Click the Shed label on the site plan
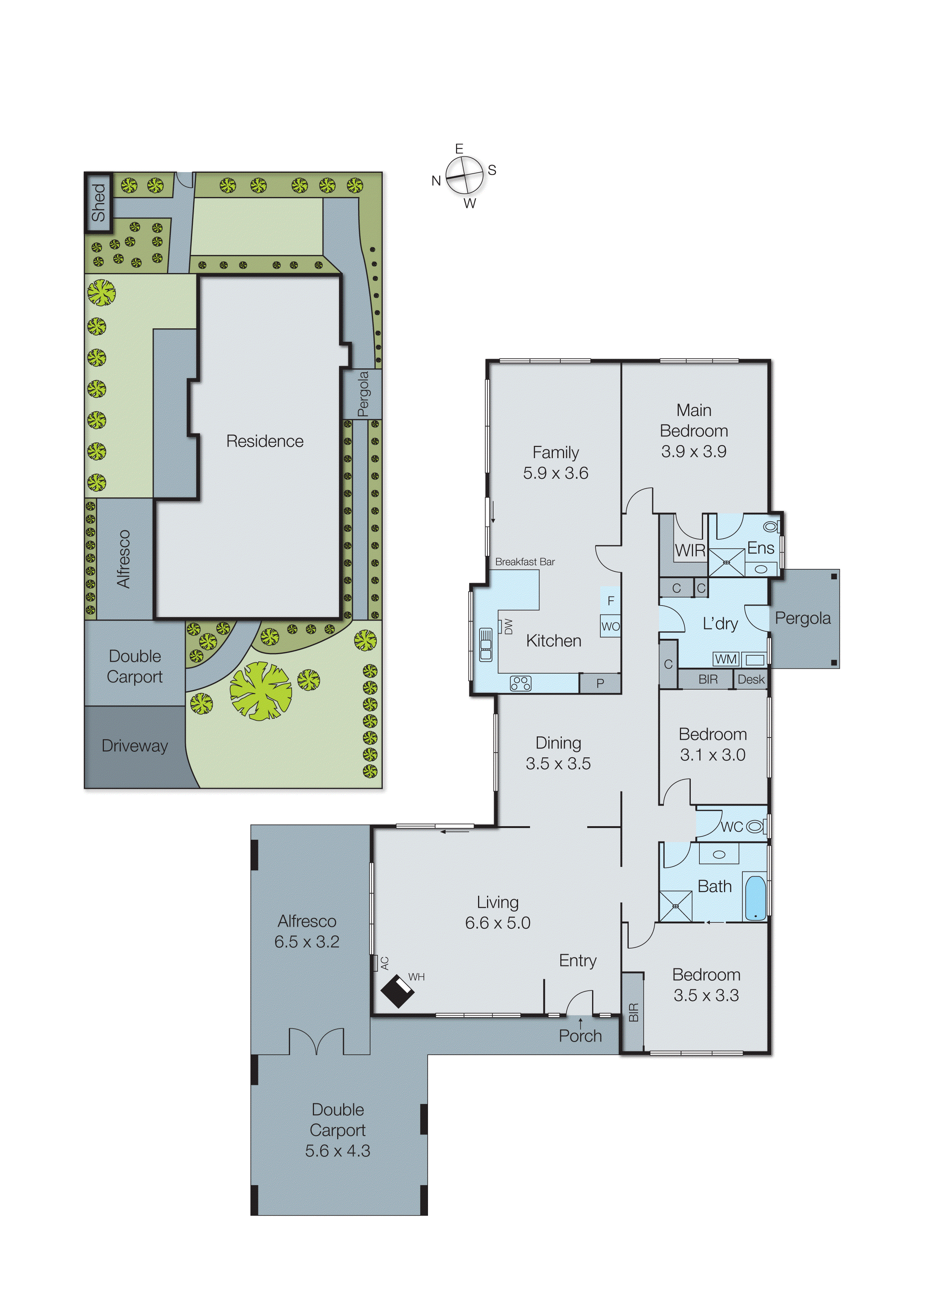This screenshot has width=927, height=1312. [98, 203]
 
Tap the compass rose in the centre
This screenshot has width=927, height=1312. [464, 175]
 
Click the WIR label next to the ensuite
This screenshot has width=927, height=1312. [690, 551]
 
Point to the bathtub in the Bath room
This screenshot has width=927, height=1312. [755, 898]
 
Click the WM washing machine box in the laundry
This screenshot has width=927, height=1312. [726, 659]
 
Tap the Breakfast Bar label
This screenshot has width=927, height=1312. [524, 562]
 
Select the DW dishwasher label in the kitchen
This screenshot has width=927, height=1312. [508, 626]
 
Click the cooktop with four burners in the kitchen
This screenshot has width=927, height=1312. [520, 683]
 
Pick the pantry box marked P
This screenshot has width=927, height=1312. [600, 683]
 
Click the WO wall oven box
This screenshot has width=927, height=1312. [610, 626]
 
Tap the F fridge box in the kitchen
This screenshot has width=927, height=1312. [610, 601]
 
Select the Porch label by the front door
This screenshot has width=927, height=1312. [580, 1036]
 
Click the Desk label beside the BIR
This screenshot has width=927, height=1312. [751, 680]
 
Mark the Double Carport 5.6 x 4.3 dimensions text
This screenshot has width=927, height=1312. [337, 1150]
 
